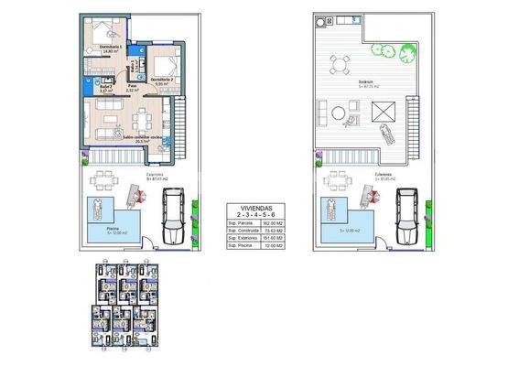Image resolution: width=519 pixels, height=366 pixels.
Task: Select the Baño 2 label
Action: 106,89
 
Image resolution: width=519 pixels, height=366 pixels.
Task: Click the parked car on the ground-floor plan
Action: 174,217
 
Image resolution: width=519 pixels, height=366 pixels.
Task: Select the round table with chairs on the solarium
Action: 340,64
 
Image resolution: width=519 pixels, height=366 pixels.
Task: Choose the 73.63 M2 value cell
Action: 270,230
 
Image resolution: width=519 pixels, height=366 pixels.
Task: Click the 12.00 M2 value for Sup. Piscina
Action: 270,246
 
